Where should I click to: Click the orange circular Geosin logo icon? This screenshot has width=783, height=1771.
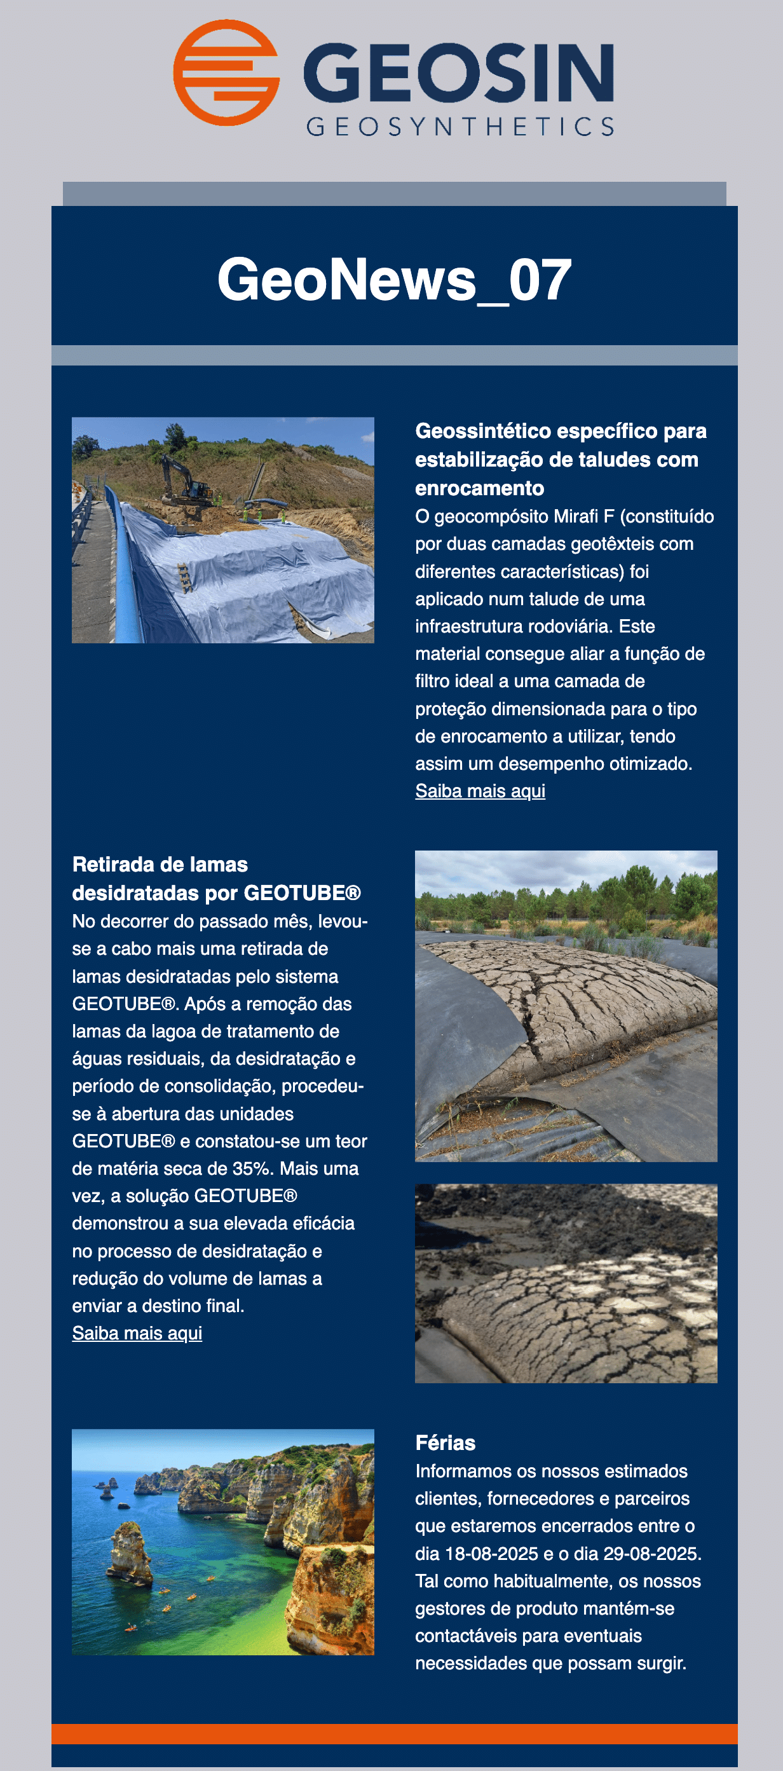pos(226,73)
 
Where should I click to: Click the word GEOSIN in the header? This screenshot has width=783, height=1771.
pos(458,71)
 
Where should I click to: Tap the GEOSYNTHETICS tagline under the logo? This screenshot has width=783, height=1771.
pos(460,126)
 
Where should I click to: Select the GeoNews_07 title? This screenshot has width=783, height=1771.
pos(394,279)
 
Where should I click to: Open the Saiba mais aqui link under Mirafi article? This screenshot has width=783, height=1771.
pos(480,791)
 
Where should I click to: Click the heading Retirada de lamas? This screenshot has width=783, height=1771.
pos(160,864)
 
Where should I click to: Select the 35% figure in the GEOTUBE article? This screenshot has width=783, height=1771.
pos(254,1169)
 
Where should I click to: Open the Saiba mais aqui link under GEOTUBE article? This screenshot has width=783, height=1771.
pos(137,1333)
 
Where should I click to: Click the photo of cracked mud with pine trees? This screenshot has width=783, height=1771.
pos(566,1006)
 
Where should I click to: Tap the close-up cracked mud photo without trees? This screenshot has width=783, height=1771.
pos(566,1283)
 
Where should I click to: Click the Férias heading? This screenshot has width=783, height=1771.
pos(445,1442)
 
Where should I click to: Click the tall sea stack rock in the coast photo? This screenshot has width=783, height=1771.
pos(131,1554)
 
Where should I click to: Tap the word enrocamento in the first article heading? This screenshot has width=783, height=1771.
pos(479,488)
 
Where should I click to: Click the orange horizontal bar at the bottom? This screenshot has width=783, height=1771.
pos(394,1733)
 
